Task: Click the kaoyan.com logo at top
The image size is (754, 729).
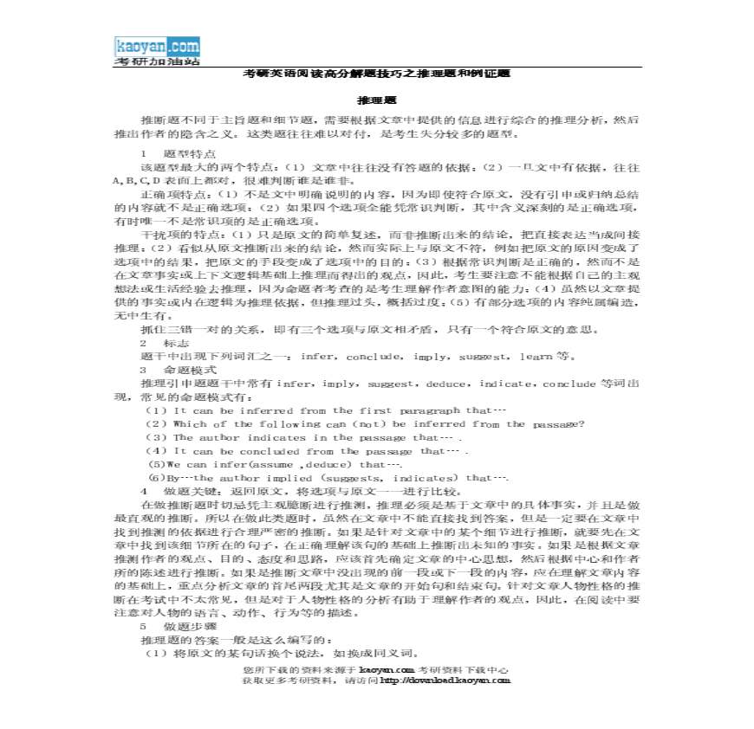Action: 156,47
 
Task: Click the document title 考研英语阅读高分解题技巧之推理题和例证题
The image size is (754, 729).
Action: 377,74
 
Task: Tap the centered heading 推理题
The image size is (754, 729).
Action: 377,101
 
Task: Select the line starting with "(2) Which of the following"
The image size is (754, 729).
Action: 365,424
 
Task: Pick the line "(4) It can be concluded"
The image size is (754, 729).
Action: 308,451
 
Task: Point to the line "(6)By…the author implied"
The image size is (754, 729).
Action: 328,478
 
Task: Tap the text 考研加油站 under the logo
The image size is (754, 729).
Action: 157,61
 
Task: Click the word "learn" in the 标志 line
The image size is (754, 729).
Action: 536,357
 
